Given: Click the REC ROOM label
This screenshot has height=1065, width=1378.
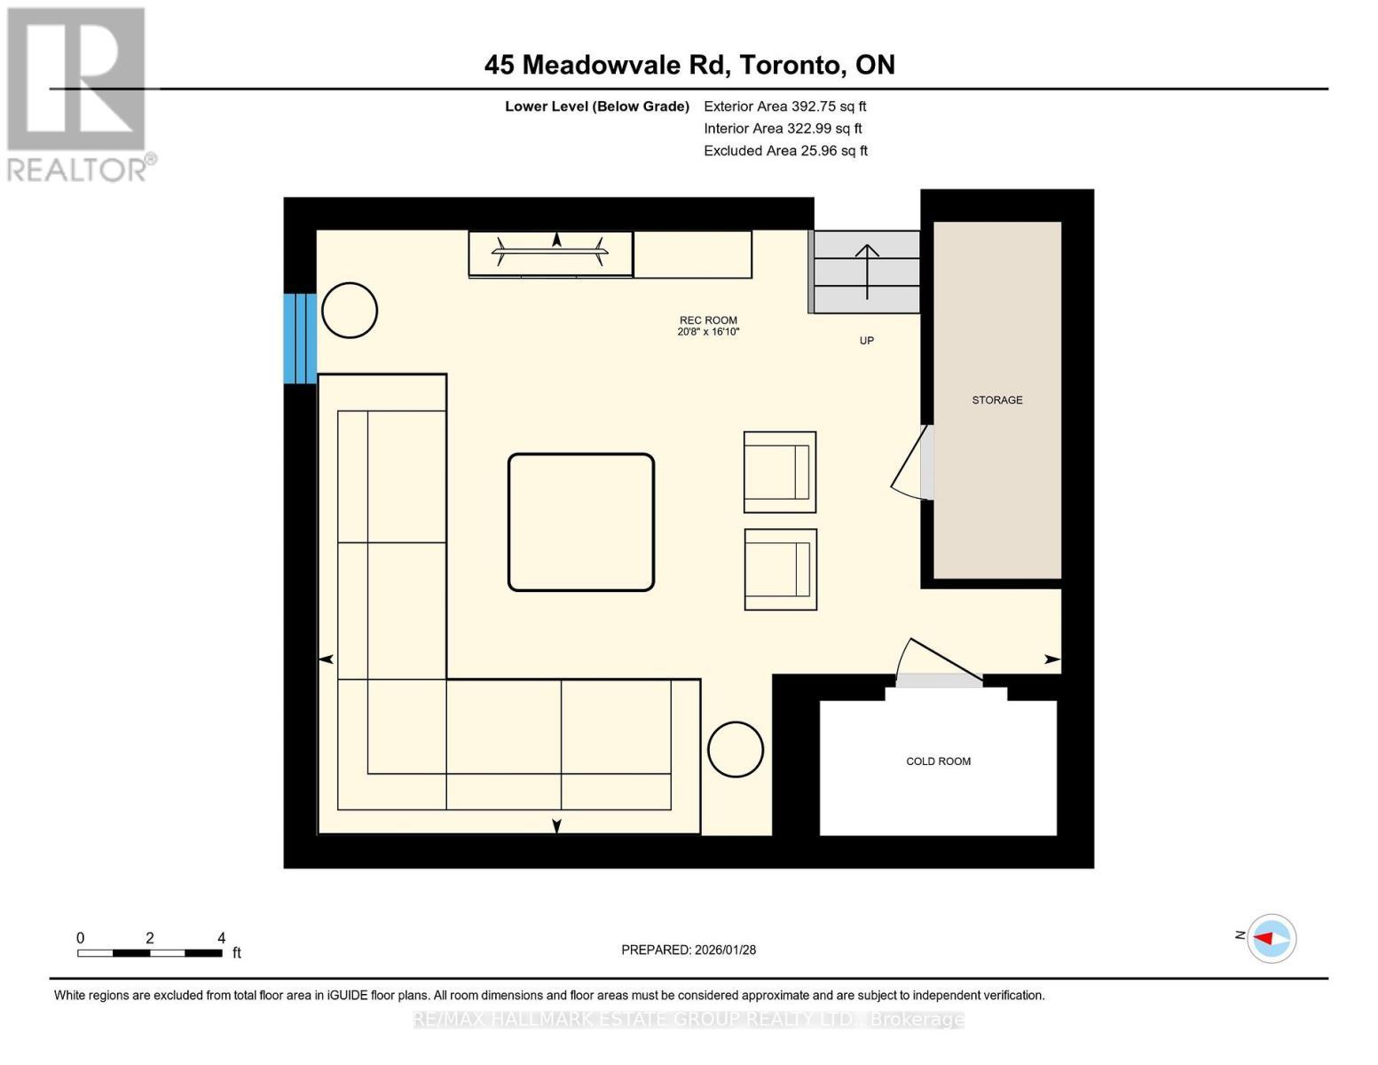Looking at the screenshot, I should [708, 320].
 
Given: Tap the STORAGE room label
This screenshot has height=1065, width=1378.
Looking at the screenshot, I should [996, 400].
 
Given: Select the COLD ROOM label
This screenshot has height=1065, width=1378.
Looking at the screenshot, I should [938, 761].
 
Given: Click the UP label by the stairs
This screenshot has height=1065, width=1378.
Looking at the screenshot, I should [866, 341].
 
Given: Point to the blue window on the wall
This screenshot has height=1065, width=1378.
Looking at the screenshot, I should [300, 338].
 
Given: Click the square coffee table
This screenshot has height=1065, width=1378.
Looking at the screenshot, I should [581, 522].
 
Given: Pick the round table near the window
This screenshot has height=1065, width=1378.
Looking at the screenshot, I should [350, 311].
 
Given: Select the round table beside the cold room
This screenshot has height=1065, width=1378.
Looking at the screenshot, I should [736, 750].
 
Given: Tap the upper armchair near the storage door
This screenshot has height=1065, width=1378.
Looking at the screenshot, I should [780, 472].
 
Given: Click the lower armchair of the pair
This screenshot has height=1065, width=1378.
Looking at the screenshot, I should [780, 570].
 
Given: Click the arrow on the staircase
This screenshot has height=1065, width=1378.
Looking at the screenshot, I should [867, 271].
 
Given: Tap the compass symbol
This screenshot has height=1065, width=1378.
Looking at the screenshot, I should [1272, 938].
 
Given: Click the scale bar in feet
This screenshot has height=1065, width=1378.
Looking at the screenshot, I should [150, 952].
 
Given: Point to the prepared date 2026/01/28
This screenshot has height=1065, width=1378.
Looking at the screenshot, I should [689, 950].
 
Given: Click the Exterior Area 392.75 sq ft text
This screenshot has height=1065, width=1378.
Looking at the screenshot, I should [784, 106].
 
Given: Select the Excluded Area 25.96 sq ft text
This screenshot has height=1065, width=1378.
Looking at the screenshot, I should [785, 151].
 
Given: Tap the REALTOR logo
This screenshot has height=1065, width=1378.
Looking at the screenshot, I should [78, 93].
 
